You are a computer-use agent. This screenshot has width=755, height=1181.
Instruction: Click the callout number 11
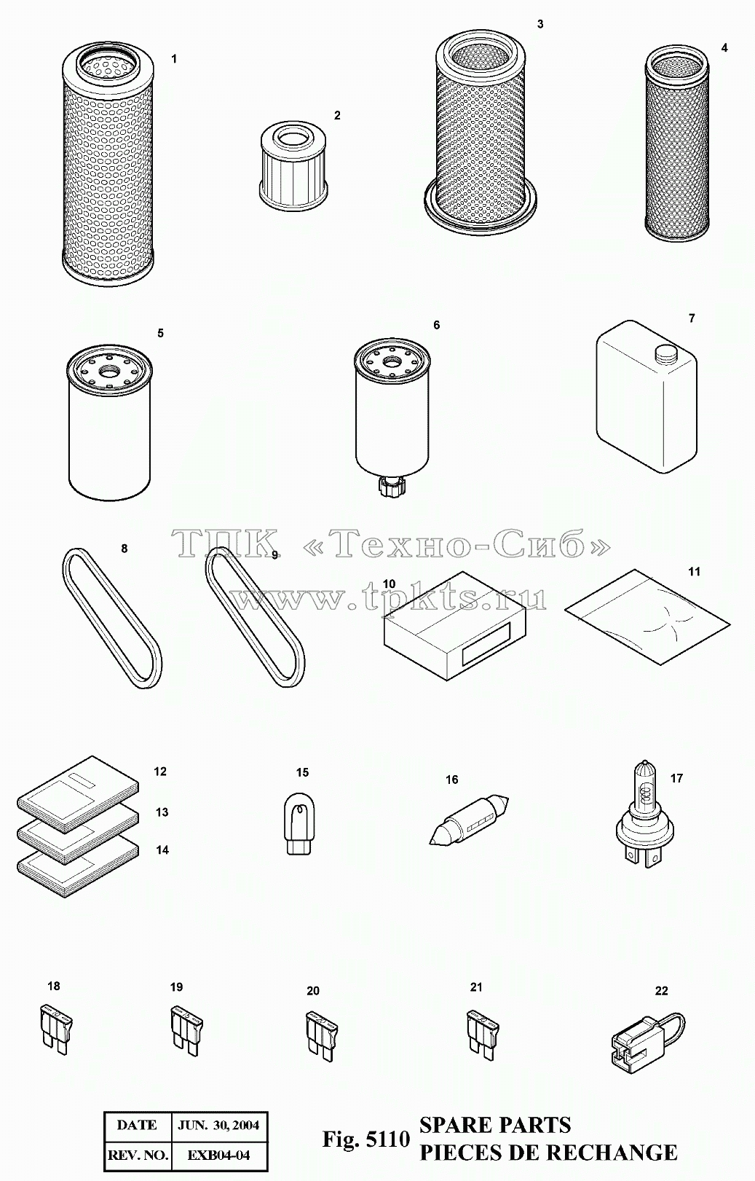694,571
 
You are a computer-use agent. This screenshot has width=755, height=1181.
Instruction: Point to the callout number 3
539,24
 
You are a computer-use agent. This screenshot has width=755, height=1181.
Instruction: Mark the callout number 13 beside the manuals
162,812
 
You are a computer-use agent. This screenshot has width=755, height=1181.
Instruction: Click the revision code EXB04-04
218,1156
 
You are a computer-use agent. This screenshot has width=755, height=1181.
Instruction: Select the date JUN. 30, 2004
218,1125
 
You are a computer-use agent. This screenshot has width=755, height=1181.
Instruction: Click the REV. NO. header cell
138,1156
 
